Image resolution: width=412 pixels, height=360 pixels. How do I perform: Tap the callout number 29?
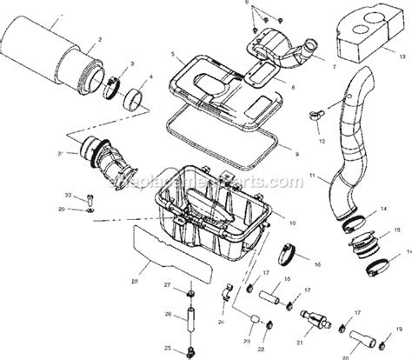pos(63,210)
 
